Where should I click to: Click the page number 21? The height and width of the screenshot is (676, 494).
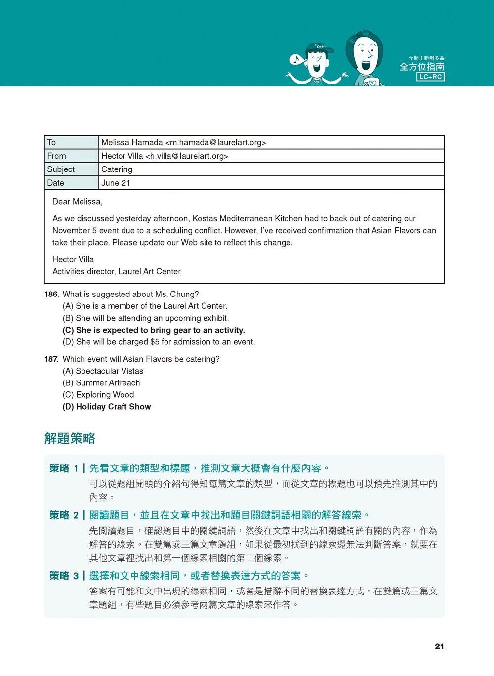439,646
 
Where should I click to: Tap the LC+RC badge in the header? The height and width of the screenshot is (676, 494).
431,77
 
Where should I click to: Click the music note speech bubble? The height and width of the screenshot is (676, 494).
296,60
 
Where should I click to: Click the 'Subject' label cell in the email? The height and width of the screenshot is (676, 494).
61,169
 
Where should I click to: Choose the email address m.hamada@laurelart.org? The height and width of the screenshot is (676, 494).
215,143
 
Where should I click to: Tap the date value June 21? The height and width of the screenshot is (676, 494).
116,183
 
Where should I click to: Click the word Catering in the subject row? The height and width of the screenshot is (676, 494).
117,169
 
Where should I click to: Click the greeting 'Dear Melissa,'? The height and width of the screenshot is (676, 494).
78,202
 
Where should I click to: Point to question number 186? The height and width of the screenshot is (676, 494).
52,295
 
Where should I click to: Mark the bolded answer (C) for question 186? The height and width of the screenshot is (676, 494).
154,330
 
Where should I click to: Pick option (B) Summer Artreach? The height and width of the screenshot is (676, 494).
101,383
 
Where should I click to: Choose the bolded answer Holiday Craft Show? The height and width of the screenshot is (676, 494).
107,407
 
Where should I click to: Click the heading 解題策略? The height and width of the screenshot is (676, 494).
70,438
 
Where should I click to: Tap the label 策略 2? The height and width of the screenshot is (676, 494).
64,515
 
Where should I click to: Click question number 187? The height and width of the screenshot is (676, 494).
51,359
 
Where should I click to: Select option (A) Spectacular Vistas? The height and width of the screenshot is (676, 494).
103,371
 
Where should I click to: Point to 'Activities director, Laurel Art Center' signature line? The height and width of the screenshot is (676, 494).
117,272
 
